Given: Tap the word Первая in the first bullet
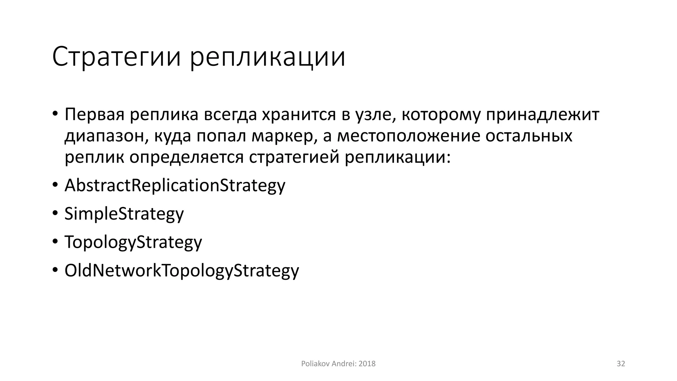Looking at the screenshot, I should [x=94, y=114].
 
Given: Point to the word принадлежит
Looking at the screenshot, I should [x=542, y=114].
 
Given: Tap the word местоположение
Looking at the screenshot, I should [x=408, y=136].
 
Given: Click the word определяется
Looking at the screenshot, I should [x=186, y=157].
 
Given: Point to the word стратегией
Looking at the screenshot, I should [x=294, y=157].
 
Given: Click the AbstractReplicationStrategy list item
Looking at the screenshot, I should [x=175, y=185].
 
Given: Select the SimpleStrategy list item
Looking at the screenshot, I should [x=124, y=214].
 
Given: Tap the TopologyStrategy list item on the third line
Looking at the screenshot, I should [x=133, y=242].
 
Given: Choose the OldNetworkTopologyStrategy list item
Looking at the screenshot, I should [x=181, y=271].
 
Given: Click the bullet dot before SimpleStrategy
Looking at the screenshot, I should [x=55, y=213].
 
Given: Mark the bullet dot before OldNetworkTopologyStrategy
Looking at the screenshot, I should [x=55, y=270].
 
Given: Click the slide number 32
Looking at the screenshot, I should [x=621, y=364].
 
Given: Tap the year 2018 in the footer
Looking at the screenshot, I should [x=367, y=364].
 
